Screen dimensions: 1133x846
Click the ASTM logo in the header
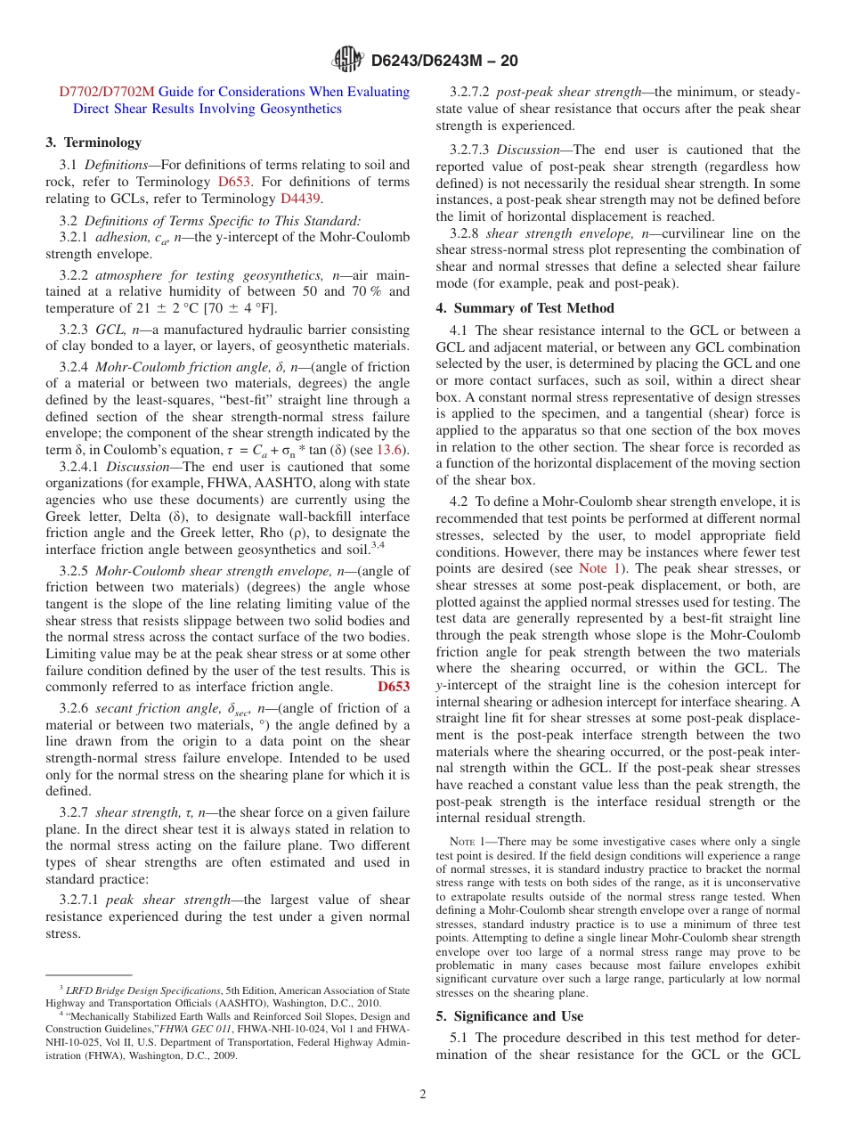(x=347, y=60)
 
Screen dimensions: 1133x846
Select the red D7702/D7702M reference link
(x=107, y=92)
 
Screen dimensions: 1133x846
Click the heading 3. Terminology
(x=94, y=143)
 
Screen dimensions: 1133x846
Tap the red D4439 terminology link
(x=301, y=199)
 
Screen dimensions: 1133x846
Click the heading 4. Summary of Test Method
(x=525, y=308)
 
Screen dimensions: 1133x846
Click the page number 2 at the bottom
(x=423, y=1095)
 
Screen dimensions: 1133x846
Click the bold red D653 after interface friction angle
(x=394, y=687)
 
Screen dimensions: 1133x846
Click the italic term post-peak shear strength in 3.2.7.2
(x=568, y=92)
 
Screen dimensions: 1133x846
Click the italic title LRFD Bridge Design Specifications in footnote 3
(x=142, y=990)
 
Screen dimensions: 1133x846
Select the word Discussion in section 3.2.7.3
(x=533, y=150)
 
